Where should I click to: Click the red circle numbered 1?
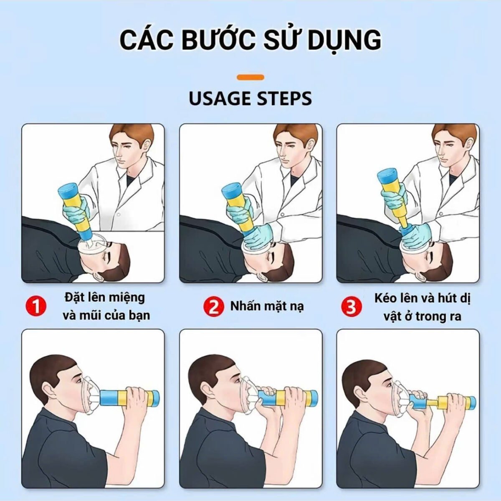[x=36, y=306]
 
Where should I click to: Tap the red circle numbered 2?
[x=213, y=306]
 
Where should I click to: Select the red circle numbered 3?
[x=351, y=306]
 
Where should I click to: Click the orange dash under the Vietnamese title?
[x=250, y=77]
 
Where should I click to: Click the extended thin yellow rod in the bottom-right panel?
[x=433, y=403]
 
